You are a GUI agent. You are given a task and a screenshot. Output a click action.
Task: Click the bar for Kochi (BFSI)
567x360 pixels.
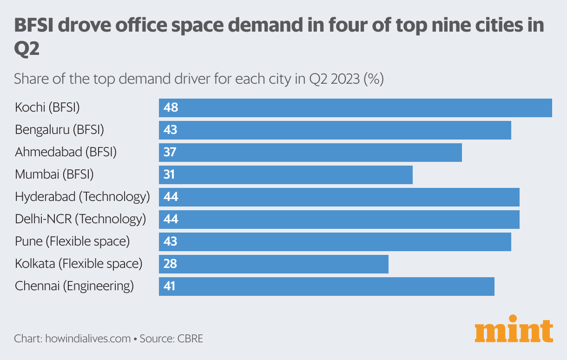pyautogui.click(x=356, y=108)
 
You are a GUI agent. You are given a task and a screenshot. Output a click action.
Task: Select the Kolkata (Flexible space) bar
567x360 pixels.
pyautogui.click(x=274, y=264)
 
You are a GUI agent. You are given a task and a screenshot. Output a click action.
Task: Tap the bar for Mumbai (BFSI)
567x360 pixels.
pyautogui.click(x=286, y=175)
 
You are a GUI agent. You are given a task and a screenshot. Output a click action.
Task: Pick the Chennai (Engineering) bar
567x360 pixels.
pyautogui.click(x=327, y=287)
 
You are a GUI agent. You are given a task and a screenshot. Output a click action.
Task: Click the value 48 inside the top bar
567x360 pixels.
pyautogui.click(x=171, y=108)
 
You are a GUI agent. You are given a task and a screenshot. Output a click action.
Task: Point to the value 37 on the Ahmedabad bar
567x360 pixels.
pyautogui.click(x=171, y=153)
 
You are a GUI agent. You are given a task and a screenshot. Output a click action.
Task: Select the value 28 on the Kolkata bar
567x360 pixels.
pyautogui.click(x=171, y=264)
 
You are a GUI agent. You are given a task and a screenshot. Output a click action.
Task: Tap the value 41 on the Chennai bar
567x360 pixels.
pyautogui.click(x=170, y=287)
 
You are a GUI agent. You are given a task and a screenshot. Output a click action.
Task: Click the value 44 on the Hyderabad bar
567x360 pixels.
pyautogui.click(x=171, y=197)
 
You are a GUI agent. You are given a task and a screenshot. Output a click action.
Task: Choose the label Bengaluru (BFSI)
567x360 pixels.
pyautogui.click(x=59, y=129)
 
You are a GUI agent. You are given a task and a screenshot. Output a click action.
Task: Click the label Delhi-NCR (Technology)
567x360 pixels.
pyautogui.click(x=80, y=219)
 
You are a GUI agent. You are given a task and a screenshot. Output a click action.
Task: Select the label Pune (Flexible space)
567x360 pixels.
pyautogui.click(x=72, y=241)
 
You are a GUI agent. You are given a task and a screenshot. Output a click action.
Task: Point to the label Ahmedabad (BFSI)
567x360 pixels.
pyautogui.click(x=66, y=152)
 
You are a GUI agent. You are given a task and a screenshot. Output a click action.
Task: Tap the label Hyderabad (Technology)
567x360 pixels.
pyautogui.click(x=82, y=196)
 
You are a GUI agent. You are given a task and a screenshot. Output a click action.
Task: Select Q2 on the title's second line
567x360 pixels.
pyautogui.click(x=27, y=49)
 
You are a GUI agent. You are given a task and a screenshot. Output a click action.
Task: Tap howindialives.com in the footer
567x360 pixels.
pyautogui.click(x=88, y=338)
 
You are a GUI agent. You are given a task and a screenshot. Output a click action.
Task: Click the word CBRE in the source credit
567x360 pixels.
pyautogui.click(x=190, y=338)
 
